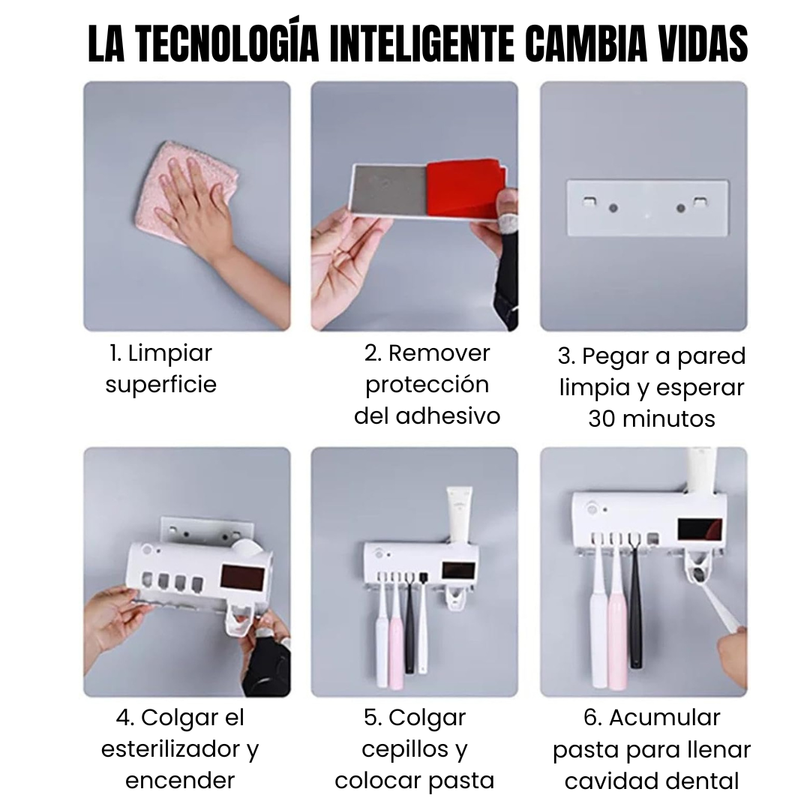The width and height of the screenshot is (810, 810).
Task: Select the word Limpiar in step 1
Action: [171, 352]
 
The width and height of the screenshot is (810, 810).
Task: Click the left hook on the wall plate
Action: [589, 202]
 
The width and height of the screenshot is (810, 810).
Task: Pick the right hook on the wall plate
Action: [700, 202]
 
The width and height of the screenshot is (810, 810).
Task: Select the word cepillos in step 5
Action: [398, 749]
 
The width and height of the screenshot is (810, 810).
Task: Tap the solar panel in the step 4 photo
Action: [243, 579]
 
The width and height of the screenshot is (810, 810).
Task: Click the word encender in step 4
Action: [180, 781]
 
